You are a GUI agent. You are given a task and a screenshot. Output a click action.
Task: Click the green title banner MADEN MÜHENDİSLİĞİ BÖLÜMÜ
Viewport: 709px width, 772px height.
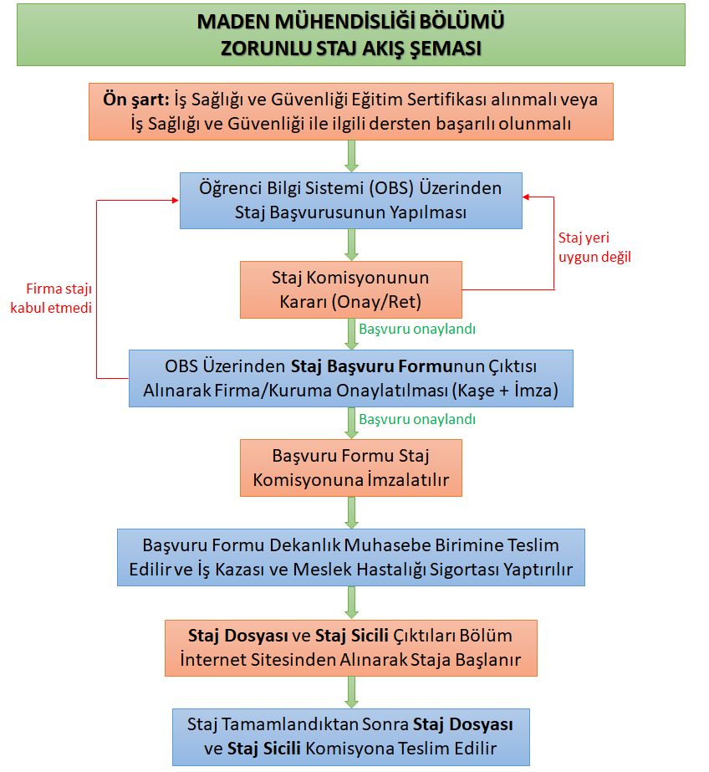350,33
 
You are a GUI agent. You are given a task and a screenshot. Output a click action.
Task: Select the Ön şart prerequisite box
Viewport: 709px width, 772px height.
350,111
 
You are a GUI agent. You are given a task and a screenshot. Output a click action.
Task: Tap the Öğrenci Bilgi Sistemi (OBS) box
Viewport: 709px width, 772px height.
350,201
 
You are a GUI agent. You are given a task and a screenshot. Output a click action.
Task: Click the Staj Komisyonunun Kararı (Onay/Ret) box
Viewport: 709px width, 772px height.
350,289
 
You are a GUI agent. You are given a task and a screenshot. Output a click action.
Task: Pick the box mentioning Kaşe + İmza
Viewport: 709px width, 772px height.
350,378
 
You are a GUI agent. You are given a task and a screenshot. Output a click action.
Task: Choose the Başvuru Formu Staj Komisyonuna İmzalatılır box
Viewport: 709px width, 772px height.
350,468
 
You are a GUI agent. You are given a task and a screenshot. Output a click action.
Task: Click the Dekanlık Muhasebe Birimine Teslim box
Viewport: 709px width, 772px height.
350,558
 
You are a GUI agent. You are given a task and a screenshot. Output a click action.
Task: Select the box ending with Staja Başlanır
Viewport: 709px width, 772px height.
350,647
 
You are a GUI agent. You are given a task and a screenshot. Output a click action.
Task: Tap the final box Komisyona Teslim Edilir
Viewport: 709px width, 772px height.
350,736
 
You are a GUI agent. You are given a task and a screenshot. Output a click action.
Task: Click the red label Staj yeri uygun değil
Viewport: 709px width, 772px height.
594,247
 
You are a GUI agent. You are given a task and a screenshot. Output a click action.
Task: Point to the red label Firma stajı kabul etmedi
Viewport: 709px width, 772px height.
50,299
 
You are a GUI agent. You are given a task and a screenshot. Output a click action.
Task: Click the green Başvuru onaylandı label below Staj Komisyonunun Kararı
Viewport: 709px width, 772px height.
417,329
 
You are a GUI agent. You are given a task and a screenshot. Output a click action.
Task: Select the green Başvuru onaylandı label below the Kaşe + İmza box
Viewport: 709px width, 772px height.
417,419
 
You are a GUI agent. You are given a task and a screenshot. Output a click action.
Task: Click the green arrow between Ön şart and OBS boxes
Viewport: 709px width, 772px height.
351,156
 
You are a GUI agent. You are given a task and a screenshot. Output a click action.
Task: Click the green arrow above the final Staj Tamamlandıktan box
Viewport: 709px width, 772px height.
351,692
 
